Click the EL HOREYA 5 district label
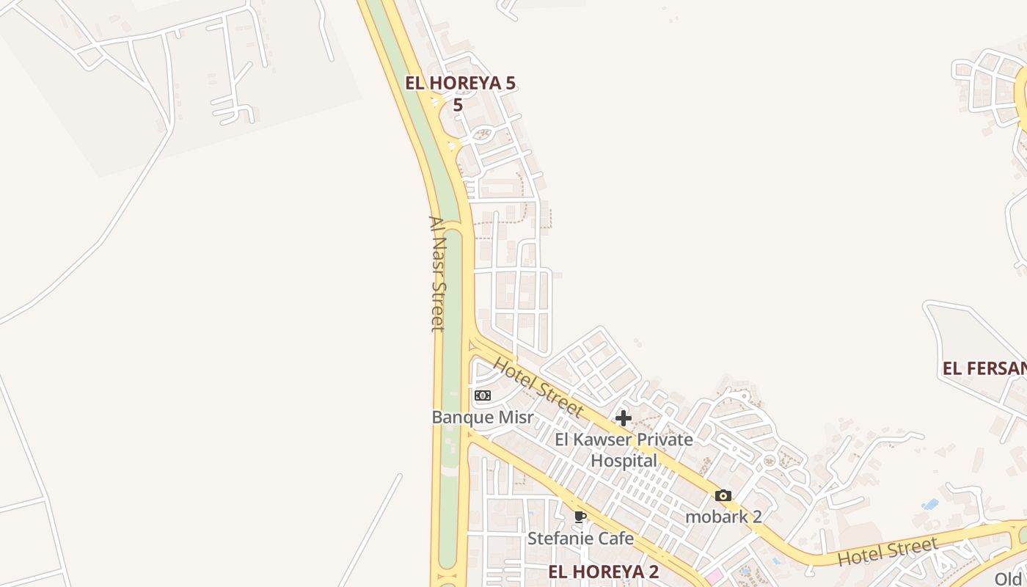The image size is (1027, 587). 461,84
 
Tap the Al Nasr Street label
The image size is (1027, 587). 437,273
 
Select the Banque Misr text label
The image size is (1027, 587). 482,417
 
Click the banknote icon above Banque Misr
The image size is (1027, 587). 482,395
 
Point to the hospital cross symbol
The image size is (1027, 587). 624,418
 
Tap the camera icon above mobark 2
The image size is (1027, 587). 723,496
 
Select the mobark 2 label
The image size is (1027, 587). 723,517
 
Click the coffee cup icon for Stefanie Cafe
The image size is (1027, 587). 580,517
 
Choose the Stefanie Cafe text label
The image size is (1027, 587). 580,539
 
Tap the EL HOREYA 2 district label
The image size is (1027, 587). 603,572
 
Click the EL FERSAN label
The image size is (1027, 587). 984,368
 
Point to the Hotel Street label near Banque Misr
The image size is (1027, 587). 538,387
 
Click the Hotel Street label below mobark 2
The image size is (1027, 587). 888,552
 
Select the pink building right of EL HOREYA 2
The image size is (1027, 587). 714,577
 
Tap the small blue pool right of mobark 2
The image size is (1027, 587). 930,504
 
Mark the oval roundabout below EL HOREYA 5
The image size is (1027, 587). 482,134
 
